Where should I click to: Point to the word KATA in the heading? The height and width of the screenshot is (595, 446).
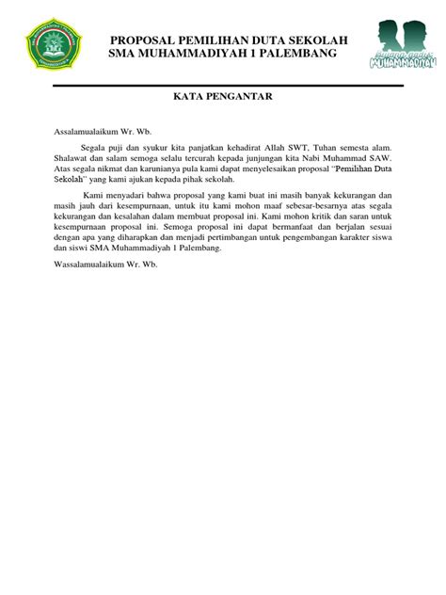tap(190, 97)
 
